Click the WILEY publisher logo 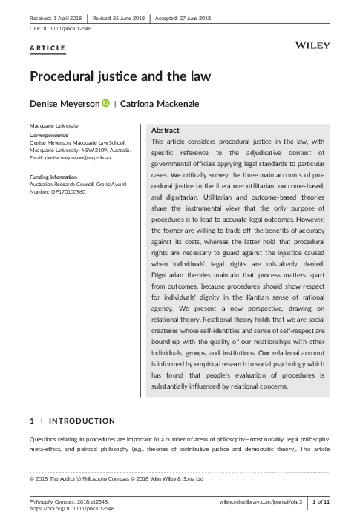point(312,47)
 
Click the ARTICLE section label point(48,49)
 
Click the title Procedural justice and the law point(120,76)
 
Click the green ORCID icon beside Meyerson point(105,104)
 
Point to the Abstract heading point(165,129)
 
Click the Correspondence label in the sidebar point(50,136)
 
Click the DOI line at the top point(56,28)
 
